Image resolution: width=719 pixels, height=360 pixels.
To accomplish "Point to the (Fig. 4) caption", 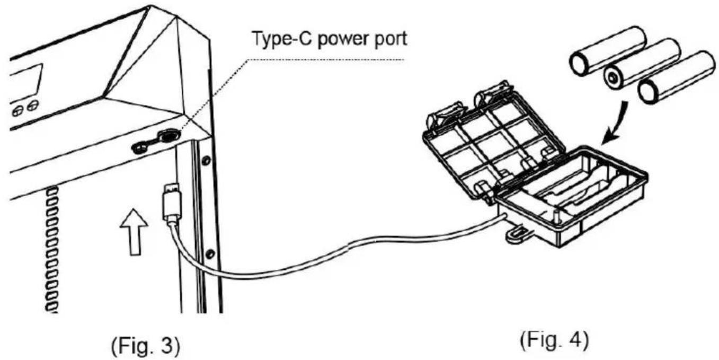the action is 555,340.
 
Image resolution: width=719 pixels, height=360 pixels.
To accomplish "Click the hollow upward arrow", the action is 135,232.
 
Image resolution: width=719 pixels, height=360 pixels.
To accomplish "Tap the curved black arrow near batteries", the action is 616,123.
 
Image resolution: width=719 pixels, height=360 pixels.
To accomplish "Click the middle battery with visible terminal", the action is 642,67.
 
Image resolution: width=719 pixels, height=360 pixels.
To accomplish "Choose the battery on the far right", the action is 677,78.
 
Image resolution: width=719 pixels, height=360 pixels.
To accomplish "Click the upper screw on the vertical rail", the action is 207,160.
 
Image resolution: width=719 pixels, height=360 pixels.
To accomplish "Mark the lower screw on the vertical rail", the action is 210,254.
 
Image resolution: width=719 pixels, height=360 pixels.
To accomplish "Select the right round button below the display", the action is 33,106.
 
